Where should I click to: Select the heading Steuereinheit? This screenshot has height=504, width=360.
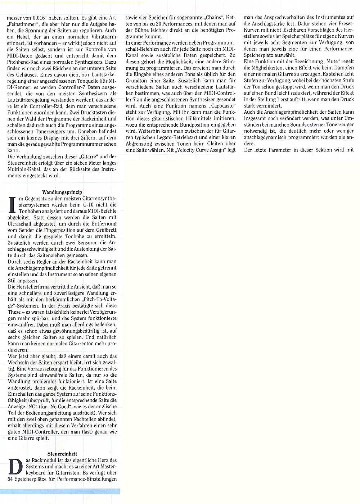[x=62, y=454]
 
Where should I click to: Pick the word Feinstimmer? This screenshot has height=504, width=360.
[x=21, y=24]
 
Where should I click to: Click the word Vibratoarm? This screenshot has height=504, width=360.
[x=102, y=36]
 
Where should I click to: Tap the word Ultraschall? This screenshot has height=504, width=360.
[x=21, y=224]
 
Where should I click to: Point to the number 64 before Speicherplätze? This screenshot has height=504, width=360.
[x=10, y=479]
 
